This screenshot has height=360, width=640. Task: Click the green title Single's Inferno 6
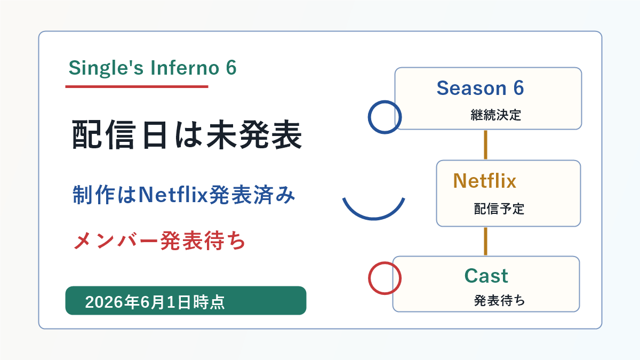click(x=153, y=68)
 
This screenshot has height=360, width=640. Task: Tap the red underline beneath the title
click(x=137, y=86)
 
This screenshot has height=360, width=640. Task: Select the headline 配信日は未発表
click(x=187, y=134)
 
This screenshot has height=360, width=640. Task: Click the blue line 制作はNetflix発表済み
click(x=183, y=195)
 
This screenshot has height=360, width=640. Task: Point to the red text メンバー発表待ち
click(x=159, y=241)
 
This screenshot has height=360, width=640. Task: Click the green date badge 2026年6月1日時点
click(x=186, y=301)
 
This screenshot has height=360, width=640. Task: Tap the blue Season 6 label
click(x=481, y=88)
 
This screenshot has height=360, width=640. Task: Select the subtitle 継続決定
click(x=495, y=115)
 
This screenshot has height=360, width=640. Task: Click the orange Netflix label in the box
click(x=485, y=181)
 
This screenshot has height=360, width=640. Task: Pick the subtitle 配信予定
click(x=499, y=209)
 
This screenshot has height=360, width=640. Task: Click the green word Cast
click(x=486, y=276)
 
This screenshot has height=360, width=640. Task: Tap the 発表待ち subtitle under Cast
click(x=499, y=301)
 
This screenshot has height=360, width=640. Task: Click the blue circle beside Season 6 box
click(x=369, y=117)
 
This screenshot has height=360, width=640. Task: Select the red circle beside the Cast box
click(x=369, y=278)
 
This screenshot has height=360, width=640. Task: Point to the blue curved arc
click(x=374, y=219)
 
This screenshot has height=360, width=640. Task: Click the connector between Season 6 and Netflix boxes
click(x=485, y=145)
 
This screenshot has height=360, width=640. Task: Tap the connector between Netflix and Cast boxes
click(x=485, y=241)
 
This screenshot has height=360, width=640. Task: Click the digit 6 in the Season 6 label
click(x=518, y=88)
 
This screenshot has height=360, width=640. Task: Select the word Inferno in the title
click(x=185, y=68)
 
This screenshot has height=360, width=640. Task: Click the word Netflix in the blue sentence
click(x=173, y=195)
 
